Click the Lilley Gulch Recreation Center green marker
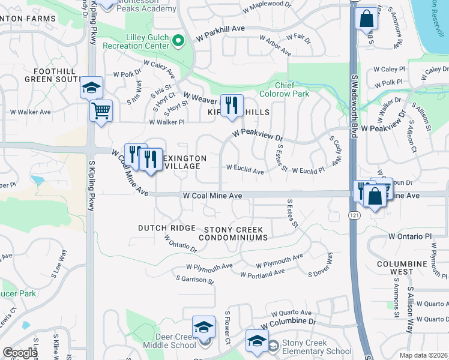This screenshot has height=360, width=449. click(x=178, y=41)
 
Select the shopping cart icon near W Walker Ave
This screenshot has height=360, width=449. click(x=101, y=110)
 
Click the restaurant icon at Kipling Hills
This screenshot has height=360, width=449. click(x=232, y=105)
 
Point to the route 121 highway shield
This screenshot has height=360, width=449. click(x=355, y=214)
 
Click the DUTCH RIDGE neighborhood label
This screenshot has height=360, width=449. click(x=167, y=228)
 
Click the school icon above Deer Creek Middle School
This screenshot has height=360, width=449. click(x=203, y=328)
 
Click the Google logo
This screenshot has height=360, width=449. click(x=20, y=352)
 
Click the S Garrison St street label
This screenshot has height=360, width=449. click(x=194, y=280)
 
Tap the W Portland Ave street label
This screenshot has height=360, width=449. click(x=262, y=273)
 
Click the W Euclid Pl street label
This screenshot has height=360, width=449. click(x=308, y=171)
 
